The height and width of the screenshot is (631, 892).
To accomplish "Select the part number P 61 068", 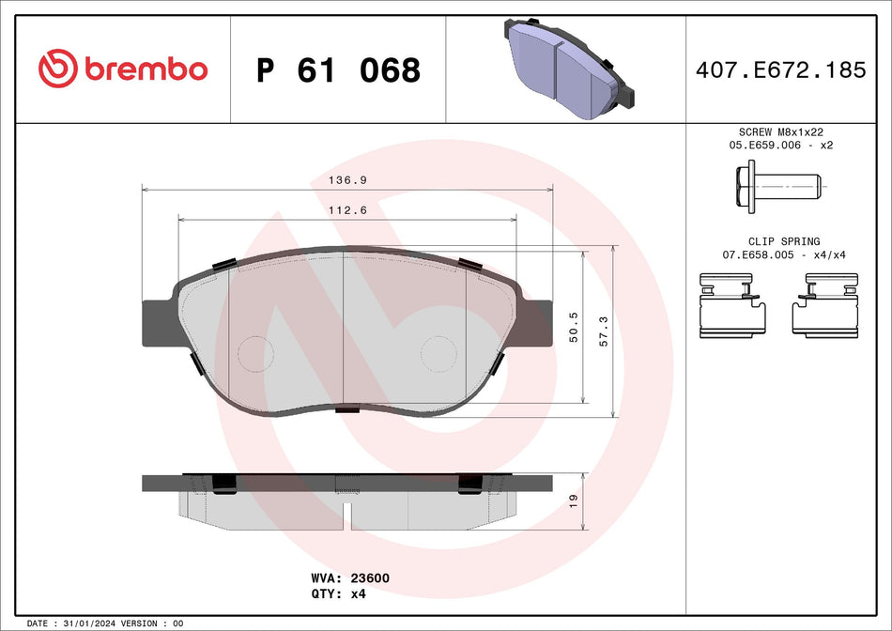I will (x=338, y=69).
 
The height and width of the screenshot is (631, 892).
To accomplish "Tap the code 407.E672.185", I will (x=780, y=69).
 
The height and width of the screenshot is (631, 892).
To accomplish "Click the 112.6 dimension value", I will (x=346, y=210).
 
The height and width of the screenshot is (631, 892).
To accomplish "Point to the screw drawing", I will (x=772, y=186).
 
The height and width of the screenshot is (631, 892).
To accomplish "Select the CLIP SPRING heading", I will (x=771, y=241).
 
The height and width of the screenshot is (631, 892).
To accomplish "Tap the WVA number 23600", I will (x=370, y=578).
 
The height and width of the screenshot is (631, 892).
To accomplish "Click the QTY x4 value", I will (x=357, y=594).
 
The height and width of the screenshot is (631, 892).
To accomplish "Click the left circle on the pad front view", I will (x=254, y=355).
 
